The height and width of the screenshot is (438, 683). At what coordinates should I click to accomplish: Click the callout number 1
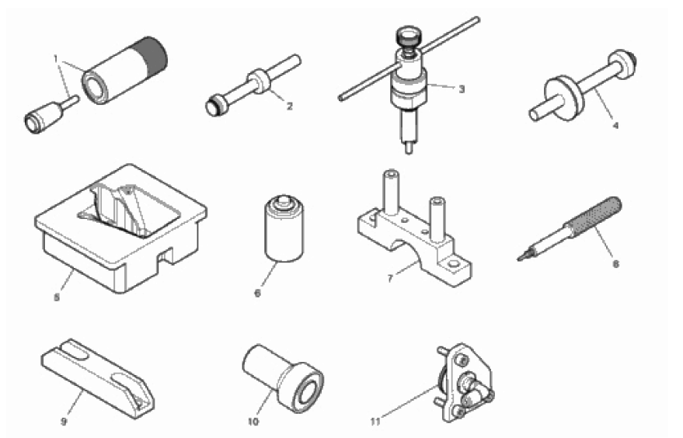tap(56, 58)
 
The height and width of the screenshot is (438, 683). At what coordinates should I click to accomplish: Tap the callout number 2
tap(290, 106)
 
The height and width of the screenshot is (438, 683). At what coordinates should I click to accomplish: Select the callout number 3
tap(462, 89)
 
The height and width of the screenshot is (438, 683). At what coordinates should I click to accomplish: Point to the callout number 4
tap(615, 125)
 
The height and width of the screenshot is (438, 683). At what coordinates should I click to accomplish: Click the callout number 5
tap(57, 297)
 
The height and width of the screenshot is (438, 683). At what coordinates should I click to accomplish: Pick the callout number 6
tap(257, 293)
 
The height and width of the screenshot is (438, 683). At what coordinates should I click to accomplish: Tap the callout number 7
tap(390, 278)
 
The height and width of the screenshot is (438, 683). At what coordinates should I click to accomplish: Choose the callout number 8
tap(615, 263)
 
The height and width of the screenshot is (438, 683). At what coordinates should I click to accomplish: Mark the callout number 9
tap(64, 421)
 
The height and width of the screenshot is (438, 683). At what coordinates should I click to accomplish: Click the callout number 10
tap(253, 421)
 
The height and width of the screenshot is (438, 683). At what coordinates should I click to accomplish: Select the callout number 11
tap(375, 421)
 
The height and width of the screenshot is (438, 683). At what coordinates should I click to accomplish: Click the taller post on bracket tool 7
tap(391, 193)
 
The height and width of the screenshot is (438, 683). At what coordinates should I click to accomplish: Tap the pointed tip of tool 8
tap(520, 259)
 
